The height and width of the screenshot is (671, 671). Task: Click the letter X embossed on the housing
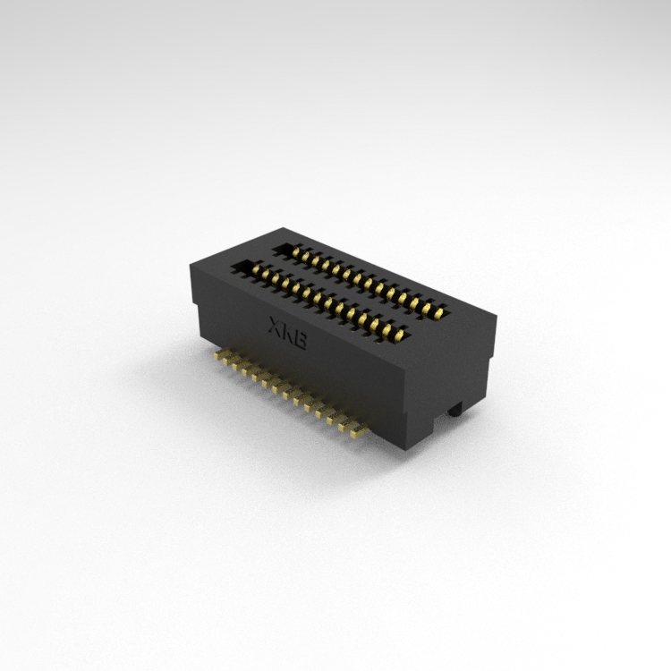(x=274, y=325)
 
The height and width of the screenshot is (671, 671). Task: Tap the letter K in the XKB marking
(x=286, y=331)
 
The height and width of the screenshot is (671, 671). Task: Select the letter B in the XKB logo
(x=300, y=340)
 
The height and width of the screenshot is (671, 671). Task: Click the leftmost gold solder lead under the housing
(x=220, y=353)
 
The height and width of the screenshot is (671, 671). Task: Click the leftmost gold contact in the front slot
(x=257, y=269)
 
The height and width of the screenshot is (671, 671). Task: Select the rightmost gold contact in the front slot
(x=400, y=334)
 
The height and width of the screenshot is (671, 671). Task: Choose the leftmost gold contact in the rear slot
(x=295, y=252)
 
